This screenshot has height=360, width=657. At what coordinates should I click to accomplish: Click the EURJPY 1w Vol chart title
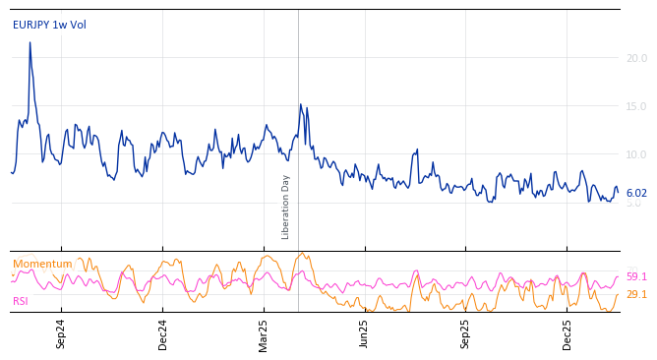click(49, 25)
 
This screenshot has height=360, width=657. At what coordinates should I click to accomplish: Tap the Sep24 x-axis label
click(61, 333)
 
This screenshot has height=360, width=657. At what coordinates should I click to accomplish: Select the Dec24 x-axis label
click(163, 333)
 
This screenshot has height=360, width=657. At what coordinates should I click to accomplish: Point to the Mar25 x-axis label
click(264, 333)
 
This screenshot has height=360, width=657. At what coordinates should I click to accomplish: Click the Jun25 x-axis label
click(364, 333)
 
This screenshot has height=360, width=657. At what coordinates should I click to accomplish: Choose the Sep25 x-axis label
click(465, 333)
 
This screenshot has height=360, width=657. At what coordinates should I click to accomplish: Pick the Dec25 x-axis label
click(567, 333)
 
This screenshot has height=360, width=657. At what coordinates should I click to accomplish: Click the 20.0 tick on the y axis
click(636, 59)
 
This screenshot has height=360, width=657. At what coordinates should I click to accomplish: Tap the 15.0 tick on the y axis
click(636, 107)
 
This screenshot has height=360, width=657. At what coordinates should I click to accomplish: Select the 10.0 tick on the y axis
click(636, 155)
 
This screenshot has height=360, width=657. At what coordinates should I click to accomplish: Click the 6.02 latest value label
click(636, 194)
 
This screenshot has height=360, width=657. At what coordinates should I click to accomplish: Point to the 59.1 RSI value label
click(636, 277)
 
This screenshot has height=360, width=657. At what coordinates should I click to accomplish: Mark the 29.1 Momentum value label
click(636, 295)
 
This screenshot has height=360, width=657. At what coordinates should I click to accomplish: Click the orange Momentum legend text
click(42, 265)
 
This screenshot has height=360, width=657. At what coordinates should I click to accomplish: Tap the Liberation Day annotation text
click(286, 207)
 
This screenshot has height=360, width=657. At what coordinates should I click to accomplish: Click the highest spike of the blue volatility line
click(30, 42)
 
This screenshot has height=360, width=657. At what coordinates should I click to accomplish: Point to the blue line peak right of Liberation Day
click(301, 104)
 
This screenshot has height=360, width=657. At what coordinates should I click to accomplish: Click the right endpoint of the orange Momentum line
click(618, 294)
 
